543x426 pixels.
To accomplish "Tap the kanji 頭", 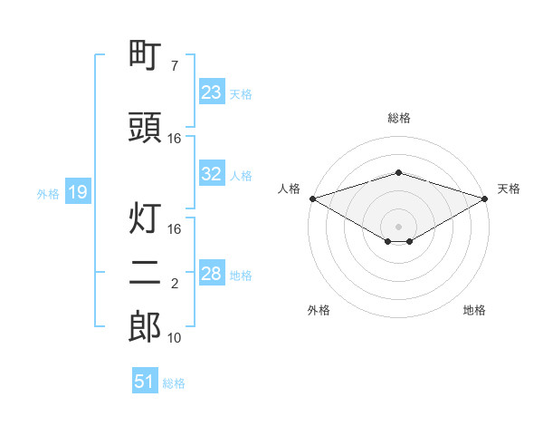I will (x=145, y=128).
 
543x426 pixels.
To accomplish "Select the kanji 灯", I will (x=145, y=218).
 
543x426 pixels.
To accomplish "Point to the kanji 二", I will (x=145, y=273).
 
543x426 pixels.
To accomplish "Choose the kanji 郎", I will (x=145, y=327).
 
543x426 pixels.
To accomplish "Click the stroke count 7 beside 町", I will (x=175, y=66).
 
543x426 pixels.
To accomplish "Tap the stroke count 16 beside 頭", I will (x=175, y=139).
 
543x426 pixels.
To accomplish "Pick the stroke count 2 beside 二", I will (x=175, y=284).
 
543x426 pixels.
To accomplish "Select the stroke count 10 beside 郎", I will (x=175, y=338).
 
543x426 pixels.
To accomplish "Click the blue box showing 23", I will (x=211, y=92).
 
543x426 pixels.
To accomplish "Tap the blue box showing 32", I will (x=211, y=174).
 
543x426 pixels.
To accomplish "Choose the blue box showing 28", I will (x=211, y=274).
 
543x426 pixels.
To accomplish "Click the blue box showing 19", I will (x=77, y=192).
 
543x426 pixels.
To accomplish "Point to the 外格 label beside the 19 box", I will (x=48, y=193).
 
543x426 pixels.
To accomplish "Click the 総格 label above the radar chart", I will (x=398, y=118).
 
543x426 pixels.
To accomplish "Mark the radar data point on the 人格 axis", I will (x=312, y=198).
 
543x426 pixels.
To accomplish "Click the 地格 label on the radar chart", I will (x=474, y=311).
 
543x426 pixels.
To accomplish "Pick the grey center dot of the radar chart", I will (x=398, y=226).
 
